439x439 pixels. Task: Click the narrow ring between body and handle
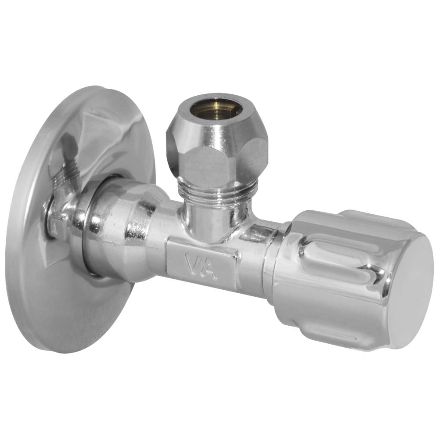point(269,269)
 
